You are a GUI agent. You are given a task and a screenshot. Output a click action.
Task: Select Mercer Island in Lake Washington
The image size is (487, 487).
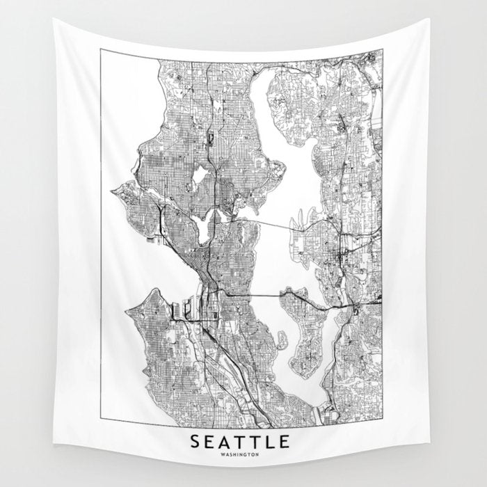(306, 334)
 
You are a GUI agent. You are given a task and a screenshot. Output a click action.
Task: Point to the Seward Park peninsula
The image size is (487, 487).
(282, 340)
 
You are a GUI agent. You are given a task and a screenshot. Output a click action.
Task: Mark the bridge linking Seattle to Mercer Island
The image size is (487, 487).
(264, 295)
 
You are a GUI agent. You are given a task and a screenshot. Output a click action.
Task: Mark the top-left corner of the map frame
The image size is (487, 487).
(100, 49)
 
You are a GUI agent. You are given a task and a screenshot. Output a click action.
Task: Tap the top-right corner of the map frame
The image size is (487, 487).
(382, 49)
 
